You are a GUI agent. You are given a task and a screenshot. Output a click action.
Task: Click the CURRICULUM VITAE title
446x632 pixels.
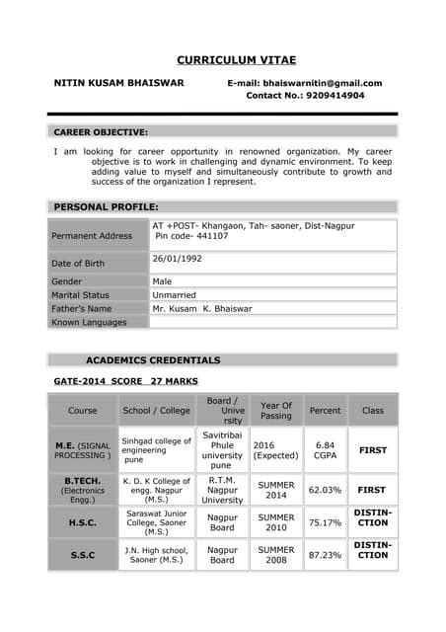236,60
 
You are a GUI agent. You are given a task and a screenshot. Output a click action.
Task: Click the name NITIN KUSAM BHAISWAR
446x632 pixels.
118,83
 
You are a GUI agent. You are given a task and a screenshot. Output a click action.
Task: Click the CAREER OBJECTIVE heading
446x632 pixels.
101,131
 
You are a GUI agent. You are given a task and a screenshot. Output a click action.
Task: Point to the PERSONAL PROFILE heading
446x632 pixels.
106,206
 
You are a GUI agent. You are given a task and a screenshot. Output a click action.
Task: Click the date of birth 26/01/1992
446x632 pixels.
178,258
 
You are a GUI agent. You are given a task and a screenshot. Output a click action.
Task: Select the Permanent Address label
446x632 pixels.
92,236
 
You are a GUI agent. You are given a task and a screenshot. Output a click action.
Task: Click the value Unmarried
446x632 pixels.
175,294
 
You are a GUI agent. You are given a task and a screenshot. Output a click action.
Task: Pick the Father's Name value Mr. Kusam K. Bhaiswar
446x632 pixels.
202,308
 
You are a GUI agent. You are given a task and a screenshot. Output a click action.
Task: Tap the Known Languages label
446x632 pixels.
89,322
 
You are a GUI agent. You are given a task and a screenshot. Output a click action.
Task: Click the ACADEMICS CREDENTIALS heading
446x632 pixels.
153,360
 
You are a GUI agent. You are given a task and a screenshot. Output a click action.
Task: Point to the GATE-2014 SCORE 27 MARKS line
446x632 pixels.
125,380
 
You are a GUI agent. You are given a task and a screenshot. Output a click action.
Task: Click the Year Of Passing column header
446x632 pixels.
275,410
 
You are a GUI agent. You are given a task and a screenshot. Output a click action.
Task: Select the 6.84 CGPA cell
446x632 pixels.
325,450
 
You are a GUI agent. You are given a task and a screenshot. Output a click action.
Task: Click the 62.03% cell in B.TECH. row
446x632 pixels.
325,489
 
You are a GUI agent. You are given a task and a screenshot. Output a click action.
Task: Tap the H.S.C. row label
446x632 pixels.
82,523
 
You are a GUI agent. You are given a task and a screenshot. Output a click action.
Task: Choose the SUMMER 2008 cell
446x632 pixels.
276,555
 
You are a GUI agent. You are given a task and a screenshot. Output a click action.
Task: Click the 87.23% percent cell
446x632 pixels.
325,555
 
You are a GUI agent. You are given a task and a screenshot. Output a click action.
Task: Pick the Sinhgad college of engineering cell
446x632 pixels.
156,450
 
